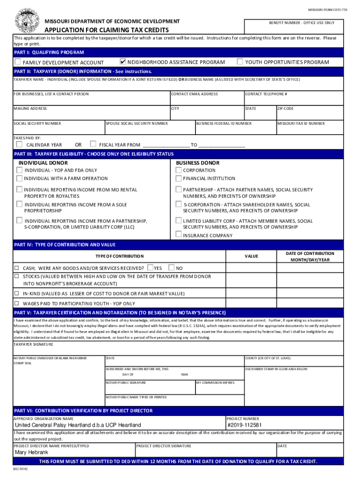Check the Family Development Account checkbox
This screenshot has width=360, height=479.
(x=17, y=62)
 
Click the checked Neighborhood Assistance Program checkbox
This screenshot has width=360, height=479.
(x=123, y=62)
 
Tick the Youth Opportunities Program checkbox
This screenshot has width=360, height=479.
(x=240, y=62)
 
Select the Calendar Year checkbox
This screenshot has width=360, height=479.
(x=19, y=144)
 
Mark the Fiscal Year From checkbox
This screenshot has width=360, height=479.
(x=93, y=144)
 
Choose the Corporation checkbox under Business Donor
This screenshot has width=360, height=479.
(x=179, y=170)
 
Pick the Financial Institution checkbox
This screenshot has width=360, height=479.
(x=179, y=178)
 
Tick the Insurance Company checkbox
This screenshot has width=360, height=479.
(x=179, y=235)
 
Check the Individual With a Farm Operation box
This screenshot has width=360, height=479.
(x=19, y=178)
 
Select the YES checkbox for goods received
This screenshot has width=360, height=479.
(x=150, y=268)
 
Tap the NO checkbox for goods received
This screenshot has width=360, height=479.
(x=172, y=268)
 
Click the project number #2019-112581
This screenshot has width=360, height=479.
(x=245, y=425)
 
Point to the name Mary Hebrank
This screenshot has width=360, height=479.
(x=32, y=453)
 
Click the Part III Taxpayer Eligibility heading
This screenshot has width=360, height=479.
(x=94, y=154)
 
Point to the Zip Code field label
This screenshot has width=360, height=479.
(x=286, y=109)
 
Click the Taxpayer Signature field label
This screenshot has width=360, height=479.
(x=33, y=344)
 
